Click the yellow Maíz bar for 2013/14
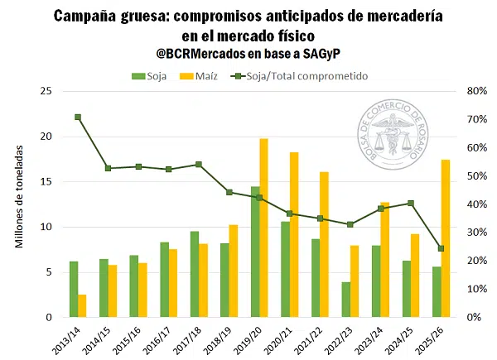82,305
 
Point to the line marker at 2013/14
78,118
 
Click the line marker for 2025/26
442,248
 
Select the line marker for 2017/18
199,165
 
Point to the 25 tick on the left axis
46,91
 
